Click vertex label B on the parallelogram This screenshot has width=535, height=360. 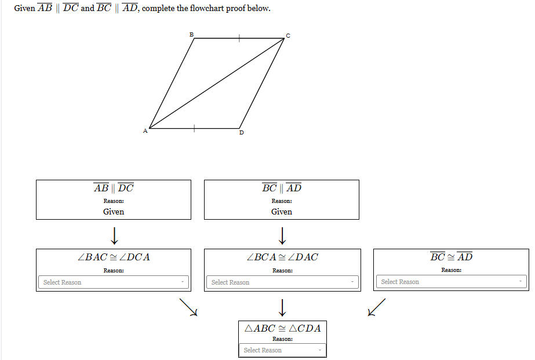click(191, 35)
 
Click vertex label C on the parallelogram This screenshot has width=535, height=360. click(287, 36)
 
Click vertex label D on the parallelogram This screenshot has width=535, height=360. click(241, 133)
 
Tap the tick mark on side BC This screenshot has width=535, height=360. click(238, 38)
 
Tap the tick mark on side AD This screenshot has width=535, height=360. click(194, 128)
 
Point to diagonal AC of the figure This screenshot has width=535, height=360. click(216, 83)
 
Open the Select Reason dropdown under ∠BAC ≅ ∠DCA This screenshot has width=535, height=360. click(114, 282)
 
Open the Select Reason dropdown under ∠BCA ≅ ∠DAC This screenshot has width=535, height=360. click(282, 282)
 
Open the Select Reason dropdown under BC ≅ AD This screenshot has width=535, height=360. click(451, 282)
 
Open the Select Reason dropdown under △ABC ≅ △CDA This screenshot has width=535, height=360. click(282, 350)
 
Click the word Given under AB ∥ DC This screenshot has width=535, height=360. click(114, 212)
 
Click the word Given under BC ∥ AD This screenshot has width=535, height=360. click(282, 212)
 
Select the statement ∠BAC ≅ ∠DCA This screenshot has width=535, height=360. click(114, 257)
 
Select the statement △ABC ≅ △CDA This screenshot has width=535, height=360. click(282, 328)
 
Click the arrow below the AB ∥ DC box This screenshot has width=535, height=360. click(114, 235)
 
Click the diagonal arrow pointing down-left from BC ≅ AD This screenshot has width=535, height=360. click(376, 307)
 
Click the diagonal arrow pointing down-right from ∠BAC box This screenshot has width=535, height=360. click(188, 307)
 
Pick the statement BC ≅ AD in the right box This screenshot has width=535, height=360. click(451, 257)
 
